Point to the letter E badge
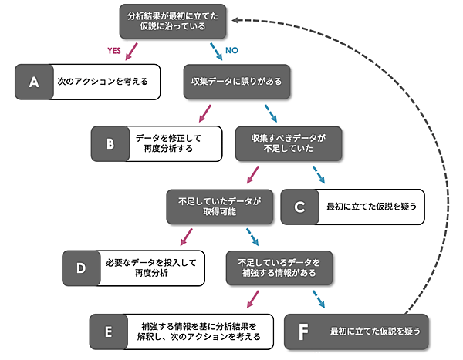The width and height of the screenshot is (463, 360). coord(109,331)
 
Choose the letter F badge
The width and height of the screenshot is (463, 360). coord(304,331)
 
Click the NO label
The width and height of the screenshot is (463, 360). coord(231,51)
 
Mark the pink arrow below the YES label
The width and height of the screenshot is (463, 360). coord(132,50)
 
